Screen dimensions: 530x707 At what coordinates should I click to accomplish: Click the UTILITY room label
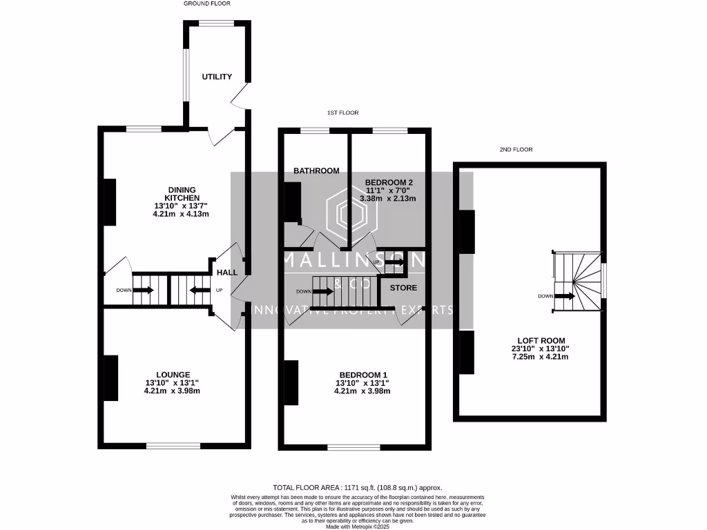[217, 77]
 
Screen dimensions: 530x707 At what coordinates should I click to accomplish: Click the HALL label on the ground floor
[227, 273]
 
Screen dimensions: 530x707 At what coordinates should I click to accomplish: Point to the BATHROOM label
[316, 170]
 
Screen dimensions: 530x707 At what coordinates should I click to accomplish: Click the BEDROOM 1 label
[362, 375]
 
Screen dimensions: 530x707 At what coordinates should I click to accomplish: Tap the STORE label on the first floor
[403, 287]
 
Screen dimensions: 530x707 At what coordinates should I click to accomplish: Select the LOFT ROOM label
[541, 340]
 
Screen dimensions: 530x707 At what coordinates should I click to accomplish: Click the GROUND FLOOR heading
[207, 3]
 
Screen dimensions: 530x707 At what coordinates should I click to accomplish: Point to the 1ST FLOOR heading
[343, 112]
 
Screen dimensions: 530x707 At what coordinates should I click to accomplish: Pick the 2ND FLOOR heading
[516, 149]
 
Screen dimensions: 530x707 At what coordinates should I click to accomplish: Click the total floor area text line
[357, 487]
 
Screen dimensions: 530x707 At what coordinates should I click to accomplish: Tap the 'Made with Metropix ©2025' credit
[357, 527]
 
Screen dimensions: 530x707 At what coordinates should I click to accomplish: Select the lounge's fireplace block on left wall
[110, 378]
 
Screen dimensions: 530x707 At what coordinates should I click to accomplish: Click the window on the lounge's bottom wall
[173, 446]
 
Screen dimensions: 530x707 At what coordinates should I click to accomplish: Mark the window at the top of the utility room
[216, 23]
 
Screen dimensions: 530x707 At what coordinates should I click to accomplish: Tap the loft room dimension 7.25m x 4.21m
[540, 357]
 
